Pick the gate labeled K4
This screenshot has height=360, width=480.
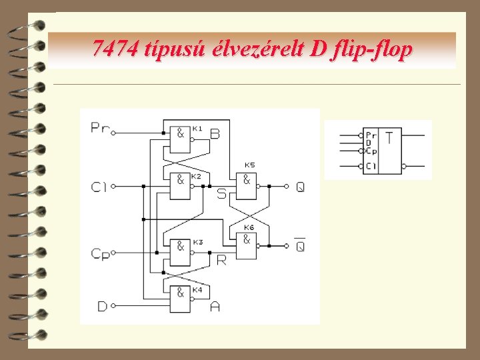(x=180, y=299)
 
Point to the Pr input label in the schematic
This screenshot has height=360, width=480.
(x=101, y=128)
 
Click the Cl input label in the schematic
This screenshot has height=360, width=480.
(x=99, y=187)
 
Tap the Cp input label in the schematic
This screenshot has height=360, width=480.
(x=101, y=254)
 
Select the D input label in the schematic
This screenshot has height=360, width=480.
(x=102, y=306)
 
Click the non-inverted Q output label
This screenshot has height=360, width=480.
(x=301, y=187)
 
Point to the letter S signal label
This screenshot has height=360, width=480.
(x=222, y=194)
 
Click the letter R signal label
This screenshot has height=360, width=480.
(x=221, y=260)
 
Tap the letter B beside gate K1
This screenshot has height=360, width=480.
(x=215, y=134)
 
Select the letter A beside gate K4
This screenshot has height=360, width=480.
(x=215, y=307)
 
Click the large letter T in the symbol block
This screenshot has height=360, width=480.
(x=389, y=139)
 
